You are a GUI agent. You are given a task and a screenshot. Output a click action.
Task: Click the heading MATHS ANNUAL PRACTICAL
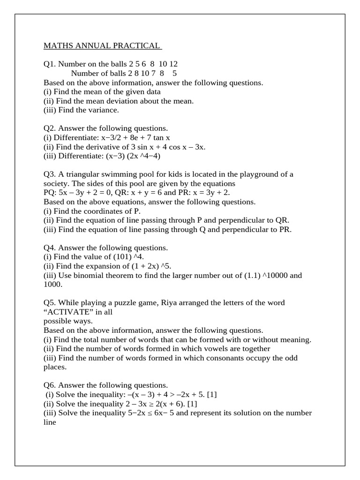pos(102,46)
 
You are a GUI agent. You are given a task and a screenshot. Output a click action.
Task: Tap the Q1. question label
pos(50,64)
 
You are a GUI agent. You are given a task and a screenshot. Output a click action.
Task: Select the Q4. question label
pos(50,248)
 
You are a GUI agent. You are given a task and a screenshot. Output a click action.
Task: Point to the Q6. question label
pos(50,385)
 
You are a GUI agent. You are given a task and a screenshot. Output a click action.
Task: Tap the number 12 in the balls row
pos(173,64)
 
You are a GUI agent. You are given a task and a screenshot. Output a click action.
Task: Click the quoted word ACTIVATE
pos(63,312)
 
